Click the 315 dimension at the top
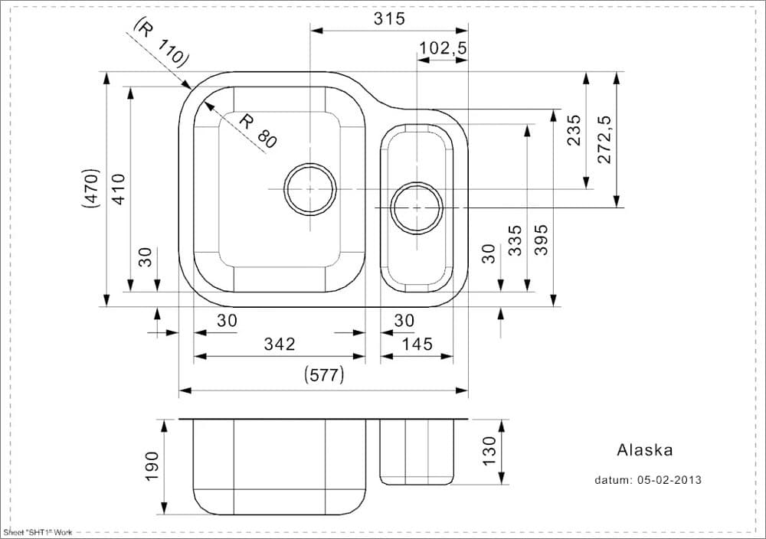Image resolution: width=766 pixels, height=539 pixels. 389,19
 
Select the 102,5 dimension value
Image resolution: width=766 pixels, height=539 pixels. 443,49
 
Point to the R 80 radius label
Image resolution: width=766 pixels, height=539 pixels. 257,130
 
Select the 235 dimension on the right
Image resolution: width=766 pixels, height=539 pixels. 574,130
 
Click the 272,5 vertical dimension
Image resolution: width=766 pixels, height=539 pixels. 604,139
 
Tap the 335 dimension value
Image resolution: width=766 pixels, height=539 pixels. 516,240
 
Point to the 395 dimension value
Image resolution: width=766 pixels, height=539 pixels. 541,240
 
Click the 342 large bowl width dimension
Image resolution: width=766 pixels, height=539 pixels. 280,345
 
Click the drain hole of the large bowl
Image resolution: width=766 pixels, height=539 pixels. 309,188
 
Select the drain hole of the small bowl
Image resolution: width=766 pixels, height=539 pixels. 417,207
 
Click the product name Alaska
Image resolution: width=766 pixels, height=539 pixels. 644,451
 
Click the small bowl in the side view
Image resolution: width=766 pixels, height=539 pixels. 417,453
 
